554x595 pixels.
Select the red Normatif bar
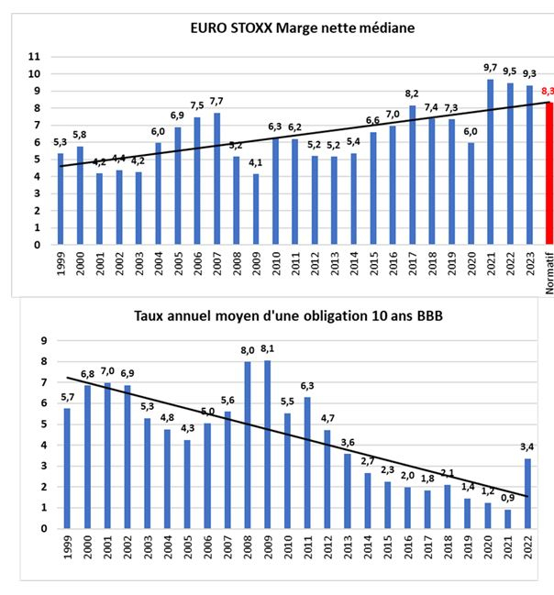[x=549, y=174]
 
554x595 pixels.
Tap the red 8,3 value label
[x=548, y=92]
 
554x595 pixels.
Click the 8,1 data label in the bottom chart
[x=268, y=349]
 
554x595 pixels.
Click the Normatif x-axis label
[x=549, y=276]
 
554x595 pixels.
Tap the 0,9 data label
[x=509, y=500]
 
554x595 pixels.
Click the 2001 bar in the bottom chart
[x=109, y=456]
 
